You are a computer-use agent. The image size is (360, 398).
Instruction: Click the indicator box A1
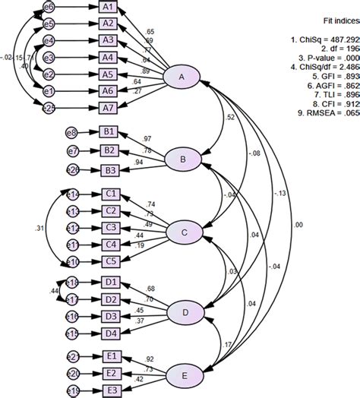[109, 7]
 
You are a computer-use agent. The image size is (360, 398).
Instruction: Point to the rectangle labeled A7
[109, 108]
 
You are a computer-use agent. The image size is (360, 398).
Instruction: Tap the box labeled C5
[111, 261]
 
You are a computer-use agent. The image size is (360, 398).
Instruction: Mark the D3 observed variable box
[111, 316]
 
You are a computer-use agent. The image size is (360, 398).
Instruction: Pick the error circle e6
[49, 7]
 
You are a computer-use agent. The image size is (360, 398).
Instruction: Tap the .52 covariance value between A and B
[231, 118]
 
